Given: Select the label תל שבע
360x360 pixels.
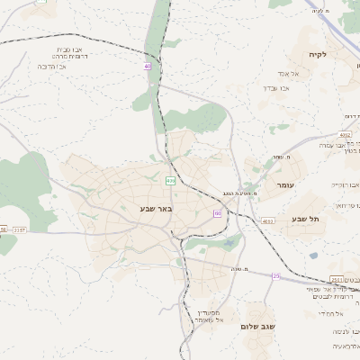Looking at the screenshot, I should pos(306,220).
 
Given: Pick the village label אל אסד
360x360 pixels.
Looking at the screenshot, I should pos(288,73).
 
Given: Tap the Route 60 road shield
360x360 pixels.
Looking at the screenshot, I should pos(217,212).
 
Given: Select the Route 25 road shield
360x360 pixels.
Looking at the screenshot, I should pos(275,275).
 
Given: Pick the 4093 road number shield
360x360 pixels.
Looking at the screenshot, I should pos(267,220).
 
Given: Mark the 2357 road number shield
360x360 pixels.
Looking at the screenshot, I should pos(20,229).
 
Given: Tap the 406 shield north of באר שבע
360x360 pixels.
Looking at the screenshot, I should pos(170,180).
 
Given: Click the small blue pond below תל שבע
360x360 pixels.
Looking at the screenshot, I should pos(313,255).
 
